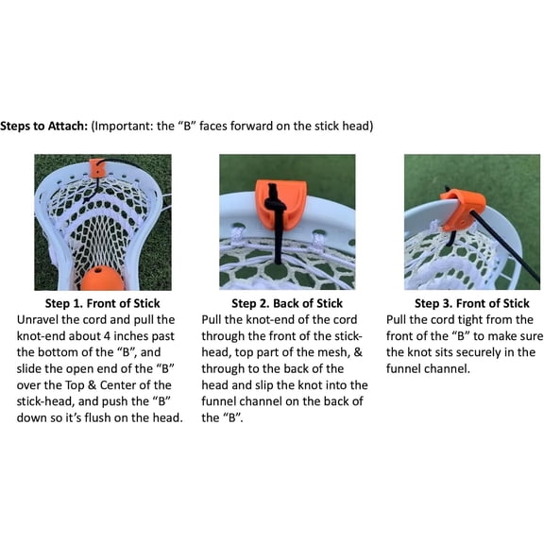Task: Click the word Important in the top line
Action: tap(124, 126)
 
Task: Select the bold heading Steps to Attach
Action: tap(43, 126)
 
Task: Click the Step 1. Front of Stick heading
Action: tap(103, 303)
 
